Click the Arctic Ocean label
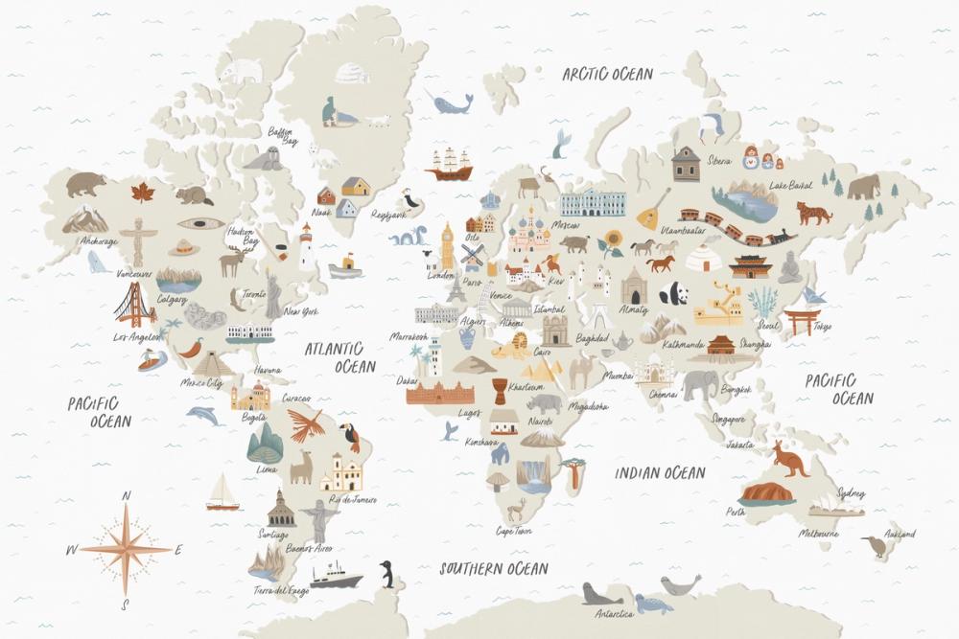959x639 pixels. coord(607,74)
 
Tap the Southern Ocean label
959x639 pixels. coord(494,568)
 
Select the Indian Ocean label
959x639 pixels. coord(660,472)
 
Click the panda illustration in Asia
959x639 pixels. coord(673,292)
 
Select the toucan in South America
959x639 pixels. coord(351,438)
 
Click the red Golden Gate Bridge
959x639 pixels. coord(134,306)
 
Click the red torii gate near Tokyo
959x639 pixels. coord(802,321)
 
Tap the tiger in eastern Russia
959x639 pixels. coord(813,213)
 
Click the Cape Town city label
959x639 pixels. coord(514,530)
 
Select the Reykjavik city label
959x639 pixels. coord(388,216)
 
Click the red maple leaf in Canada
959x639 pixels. coord(143,192)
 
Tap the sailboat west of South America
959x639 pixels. coord(222,493)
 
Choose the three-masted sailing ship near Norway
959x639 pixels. coord(449,165)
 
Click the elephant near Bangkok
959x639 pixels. coord(700,384)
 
